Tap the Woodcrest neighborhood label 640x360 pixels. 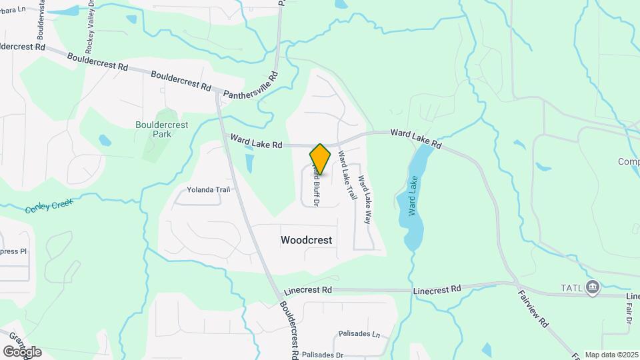(307, 239)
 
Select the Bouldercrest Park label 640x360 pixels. (161, 129)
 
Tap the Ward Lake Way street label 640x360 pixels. (364, 198)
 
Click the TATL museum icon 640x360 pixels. (593, 287)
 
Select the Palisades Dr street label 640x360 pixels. (322, 355)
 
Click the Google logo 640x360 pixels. (22, 351)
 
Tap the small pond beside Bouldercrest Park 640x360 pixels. (105, 141)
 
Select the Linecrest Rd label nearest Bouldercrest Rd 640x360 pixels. (307, 291)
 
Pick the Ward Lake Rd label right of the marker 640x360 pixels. (416, 138)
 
